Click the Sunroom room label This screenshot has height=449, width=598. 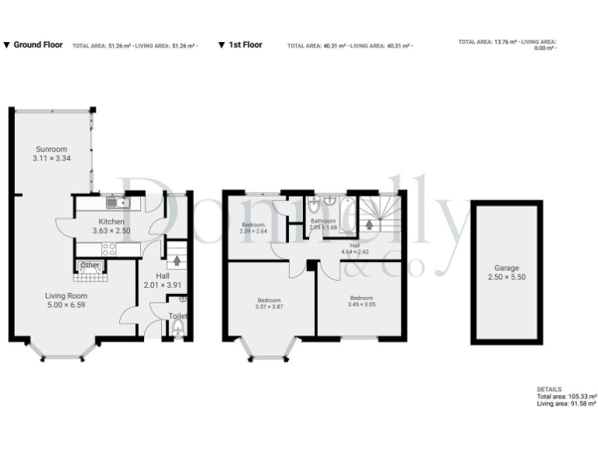point(51,149)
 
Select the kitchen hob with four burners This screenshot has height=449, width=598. point(110,249)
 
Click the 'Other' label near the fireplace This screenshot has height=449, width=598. point(91,265)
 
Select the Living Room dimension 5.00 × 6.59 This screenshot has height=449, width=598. point(65,306)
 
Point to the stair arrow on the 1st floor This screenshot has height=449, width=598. point(370,225)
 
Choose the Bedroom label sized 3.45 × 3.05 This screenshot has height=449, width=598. point(361,306)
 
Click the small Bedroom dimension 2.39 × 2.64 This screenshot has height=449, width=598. point(253,232)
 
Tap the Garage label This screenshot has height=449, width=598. point(506,267)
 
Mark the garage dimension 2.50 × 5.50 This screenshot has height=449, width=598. point(506,277)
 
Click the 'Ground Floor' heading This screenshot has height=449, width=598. point(38,45)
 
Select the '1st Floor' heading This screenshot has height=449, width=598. point(245,45)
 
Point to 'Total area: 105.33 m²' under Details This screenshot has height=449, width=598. point(567,397)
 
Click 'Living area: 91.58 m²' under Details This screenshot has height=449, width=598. point(566,404)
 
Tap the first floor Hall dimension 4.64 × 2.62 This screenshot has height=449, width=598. point(355,252)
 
